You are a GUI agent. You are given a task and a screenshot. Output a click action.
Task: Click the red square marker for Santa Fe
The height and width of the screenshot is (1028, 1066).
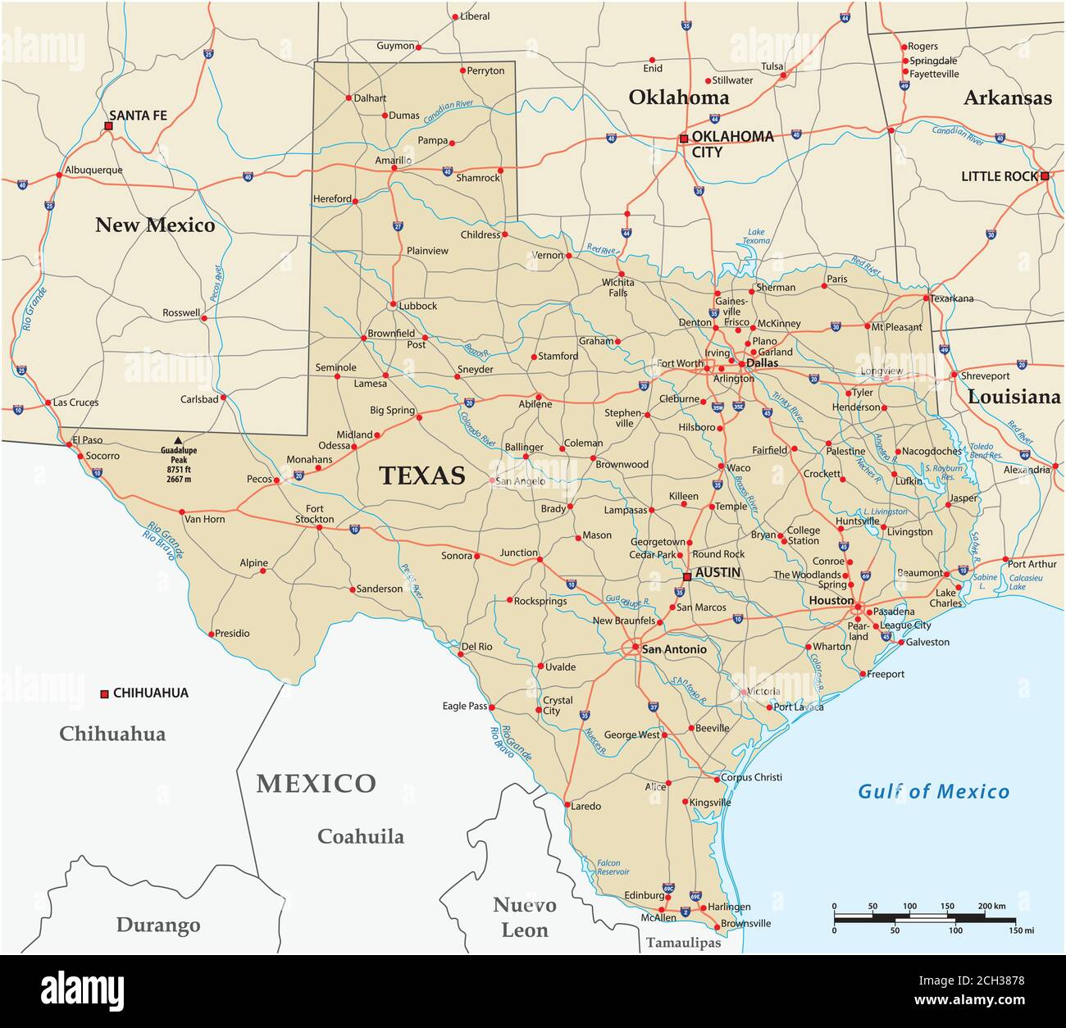tap(108, 127)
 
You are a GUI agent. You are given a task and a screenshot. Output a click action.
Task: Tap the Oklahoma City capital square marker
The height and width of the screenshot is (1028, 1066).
tap(684, 139)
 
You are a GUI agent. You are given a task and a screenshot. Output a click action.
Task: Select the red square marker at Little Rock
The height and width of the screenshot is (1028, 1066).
tap(1045, 176)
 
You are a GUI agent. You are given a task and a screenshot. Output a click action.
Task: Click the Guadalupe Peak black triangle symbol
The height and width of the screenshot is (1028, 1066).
tap(178, 440)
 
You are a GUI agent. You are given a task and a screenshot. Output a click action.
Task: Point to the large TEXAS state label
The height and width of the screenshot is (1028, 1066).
tap(421, 476)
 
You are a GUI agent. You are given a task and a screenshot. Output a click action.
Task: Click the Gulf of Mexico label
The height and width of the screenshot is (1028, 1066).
tap(933, 791)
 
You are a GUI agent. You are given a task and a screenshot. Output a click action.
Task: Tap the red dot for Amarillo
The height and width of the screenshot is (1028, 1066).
tap(394, 168)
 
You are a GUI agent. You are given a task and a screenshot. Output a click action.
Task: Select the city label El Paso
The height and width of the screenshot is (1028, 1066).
tap(88, 440)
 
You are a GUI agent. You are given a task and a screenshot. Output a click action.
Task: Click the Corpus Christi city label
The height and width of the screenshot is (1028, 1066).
tap(751, 777)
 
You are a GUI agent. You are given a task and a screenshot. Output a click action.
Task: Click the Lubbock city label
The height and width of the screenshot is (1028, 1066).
tap(418, 306)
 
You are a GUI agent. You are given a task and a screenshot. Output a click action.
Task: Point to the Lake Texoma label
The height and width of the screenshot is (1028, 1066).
tap(755, 236)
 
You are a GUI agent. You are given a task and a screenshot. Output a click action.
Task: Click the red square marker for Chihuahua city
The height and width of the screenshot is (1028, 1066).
tap(104, 694)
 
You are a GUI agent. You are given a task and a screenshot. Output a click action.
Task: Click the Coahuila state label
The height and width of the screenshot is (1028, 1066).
tap(361, 836)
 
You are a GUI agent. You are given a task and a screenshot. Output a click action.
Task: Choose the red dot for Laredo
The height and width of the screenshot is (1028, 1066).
tap(567, 804)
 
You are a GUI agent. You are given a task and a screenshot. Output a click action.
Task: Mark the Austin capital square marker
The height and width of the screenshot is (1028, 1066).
tap(687, 576)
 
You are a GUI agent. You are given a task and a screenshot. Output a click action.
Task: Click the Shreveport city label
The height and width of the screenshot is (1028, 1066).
tap(986, 375)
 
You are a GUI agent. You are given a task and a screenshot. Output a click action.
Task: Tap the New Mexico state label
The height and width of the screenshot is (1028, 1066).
tap(155, 225)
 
